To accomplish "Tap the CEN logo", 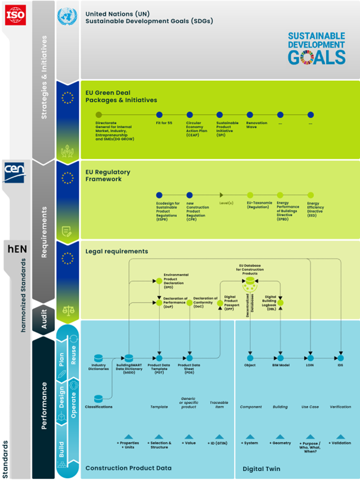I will tap(15, 170).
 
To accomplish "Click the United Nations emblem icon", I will tap(67, 17).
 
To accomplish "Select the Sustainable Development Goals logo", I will tap(316, 48).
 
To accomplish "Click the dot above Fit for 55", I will tap(159, 114).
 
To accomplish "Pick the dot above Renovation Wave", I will tap(250, 114).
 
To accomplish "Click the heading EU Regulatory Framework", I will tap(108, 176).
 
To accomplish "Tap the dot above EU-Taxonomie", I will tap(251, 195).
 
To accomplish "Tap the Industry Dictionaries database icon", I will tap(99, 357).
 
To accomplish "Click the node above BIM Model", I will tap(280, 358).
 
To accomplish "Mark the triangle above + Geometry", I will tap(280, 437).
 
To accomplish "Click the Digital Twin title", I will tap(262, 468).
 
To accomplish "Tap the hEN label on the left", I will tap(15, 247).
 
